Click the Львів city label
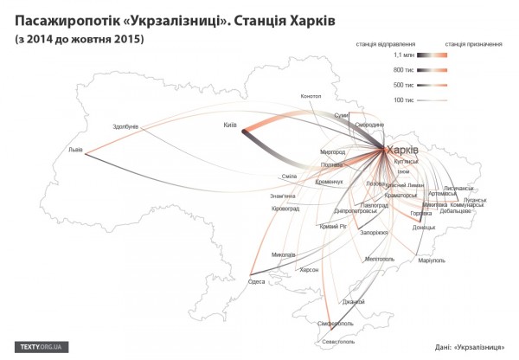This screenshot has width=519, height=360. pyautogui.click(x=76, y=150)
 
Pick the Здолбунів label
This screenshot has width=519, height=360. pyautogui.click(x=126, y=127)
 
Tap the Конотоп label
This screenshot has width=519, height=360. pyautogui.click(x=312, y=95)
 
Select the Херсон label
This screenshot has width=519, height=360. pyautogui.click(x=309, y=269)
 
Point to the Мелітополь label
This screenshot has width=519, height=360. pyautogui.click(x=380, y=258)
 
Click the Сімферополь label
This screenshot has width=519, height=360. pyautogui.click(x=336, y=322)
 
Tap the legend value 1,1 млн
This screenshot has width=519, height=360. pyautogui.click(x=404, y=55)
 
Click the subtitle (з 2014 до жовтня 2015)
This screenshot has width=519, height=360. pyautogui.click(x=78, y=40)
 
